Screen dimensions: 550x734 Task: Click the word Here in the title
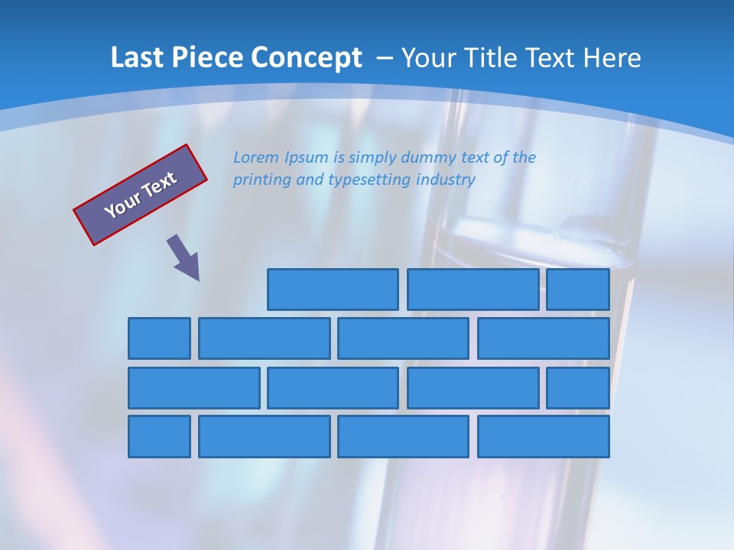612,58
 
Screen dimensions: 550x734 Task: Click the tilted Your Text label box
141,195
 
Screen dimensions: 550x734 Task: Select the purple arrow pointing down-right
184,258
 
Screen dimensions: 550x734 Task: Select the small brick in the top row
578,290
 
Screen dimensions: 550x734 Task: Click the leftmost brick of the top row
333,290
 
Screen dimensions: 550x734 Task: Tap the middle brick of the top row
473,290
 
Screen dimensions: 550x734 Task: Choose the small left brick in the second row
159,338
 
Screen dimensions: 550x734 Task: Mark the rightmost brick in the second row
544,338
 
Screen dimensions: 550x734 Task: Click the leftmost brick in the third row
194,388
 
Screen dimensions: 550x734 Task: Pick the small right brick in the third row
578,388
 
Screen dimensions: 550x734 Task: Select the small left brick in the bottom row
159,437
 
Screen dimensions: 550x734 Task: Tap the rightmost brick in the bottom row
544,437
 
